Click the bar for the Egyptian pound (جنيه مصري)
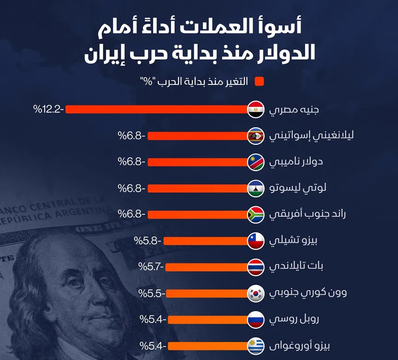(157, 110)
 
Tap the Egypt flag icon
(255, 110)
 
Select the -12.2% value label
(48, 110)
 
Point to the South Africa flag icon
(255, 214)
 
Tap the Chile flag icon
(255, 241)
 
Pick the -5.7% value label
(151, 267)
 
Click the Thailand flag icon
(255, 267)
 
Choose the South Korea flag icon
(255, 293)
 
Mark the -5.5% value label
(152, 293)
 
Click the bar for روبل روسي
(208, 319)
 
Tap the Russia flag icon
(255, 319)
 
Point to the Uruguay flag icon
(255, 345)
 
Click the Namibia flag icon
(255, 162)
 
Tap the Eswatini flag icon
(255, 136)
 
